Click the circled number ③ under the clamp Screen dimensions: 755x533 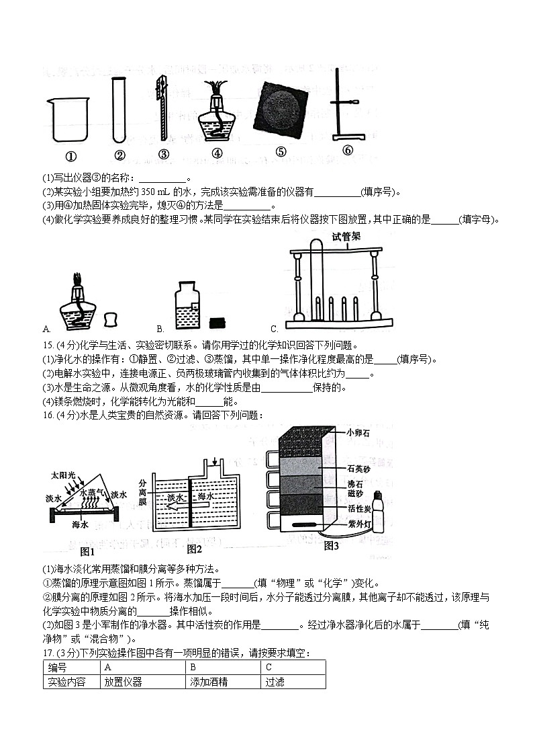pyautogui.click(x=163, y=154)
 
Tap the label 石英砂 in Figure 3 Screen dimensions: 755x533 pyautogui.click(x=358, y=469)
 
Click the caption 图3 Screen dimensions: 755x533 pyautogui.click(x=331, y=546)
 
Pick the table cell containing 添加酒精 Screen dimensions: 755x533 pyautogui.click(x=223, y=681)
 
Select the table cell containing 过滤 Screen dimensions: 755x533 pyautogui.click(x=293, y=681)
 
